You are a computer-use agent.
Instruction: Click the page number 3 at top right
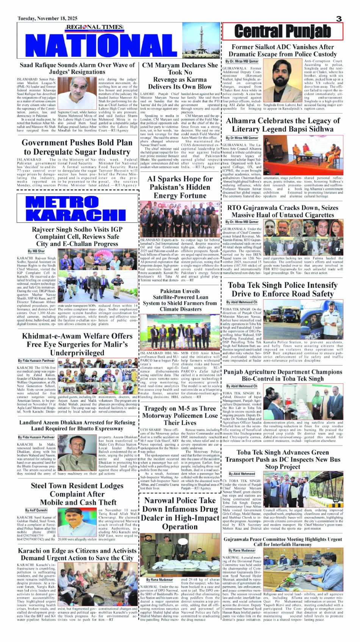(x=339, y=19)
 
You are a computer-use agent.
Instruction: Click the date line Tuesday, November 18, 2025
(x=47, y=19)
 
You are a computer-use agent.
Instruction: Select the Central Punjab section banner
(x=282, y=31)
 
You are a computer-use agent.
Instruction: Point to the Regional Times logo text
(x=95, y=27)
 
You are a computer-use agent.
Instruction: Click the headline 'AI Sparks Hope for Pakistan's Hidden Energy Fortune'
(x=180, y=187)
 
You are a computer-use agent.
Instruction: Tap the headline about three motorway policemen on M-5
(x=180, y=416)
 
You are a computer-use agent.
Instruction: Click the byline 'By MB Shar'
(x=36, y=251)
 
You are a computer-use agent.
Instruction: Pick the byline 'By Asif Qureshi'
(x=36, y=510)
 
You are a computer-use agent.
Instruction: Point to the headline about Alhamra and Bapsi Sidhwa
(x=283, y=125)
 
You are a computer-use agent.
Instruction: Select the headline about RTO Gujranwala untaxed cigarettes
(x=283, y=211)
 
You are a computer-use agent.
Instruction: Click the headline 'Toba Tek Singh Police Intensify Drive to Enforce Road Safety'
(x=283, y=289)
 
